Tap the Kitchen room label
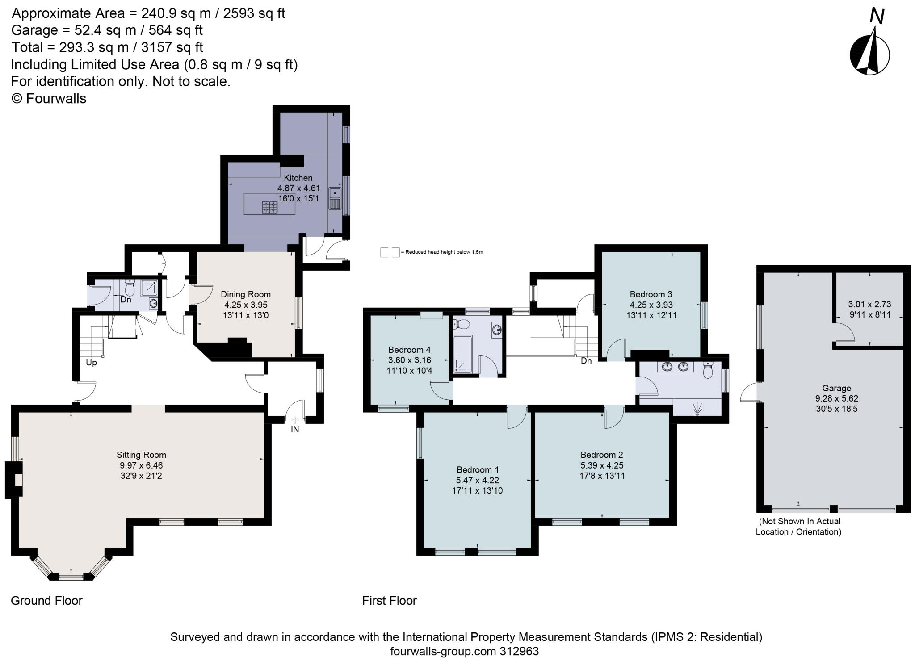pos(298,178)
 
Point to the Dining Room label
pos(246,294)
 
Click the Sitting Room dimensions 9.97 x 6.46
pos(141,465)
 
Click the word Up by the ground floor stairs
pos(91,362)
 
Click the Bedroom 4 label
pos(409,350)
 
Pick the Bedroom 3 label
pos(651,294)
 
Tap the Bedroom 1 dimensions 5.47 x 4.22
pos(478,480)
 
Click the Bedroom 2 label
pos(601,455)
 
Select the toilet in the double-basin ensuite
pos(708,370)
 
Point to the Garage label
pos(836,388)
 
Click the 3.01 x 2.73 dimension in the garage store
pos(869,304)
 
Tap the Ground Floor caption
pos(46,601)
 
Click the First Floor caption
pos(389,601)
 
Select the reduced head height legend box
pos(389,252)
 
